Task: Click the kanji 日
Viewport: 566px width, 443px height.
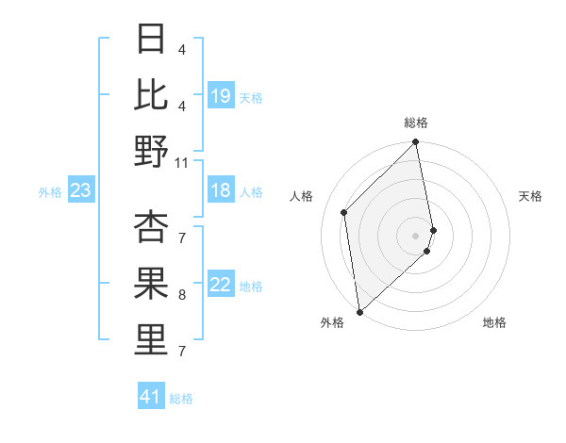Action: point(151,39)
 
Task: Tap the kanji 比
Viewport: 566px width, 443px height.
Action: point(151,94)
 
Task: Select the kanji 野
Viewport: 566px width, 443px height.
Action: point(151,151)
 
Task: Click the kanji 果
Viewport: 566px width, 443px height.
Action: point(151,284)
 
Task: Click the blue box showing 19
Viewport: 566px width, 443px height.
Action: point(221,96)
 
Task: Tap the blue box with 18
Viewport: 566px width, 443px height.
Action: point(221,190)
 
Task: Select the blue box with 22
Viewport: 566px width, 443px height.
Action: point(221,286)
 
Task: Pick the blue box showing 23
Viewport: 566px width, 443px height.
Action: point(80,191)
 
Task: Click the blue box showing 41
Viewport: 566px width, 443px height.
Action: point(151,397)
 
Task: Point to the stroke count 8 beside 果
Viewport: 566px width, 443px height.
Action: point(181,295)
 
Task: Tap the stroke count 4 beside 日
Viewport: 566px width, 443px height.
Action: point(181,49)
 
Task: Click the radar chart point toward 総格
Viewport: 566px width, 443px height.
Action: point(416,143)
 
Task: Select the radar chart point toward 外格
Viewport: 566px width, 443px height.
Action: point(359,311)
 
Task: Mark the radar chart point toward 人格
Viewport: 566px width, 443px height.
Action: point(344,212)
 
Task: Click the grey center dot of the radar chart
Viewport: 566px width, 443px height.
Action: point(416,235)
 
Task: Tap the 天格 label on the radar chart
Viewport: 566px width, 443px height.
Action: point(530,196)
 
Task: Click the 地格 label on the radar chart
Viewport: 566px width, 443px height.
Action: point(494,322)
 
